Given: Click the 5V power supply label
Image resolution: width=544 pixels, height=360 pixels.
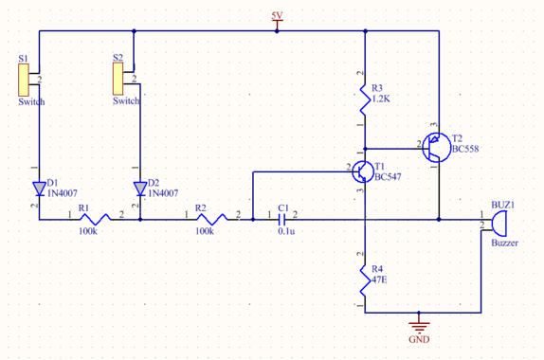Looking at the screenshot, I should (x=277, y=16).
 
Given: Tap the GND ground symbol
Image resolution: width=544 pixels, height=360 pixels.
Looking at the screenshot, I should (x=418, y=326).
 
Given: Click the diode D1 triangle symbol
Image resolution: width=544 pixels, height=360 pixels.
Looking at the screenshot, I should (x=39, y=187).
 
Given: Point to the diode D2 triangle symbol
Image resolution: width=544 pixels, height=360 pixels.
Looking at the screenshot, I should (x=139, y=187).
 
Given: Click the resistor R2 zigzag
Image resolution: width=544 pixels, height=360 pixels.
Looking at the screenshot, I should (x=210, y=219).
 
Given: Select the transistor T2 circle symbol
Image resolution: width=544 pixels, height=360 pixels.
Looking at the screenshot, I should (x=437, y=145).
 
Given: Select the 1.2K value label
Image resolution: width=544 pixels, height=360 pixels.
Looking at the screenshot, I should (x=383, y=99).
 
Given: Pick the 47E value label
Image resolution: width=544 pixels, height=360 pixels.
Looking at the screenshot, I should (x=380, y=281).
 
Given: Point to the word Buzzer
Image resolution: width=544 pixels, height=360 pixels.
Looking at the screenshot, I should (x=505, y=243).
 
